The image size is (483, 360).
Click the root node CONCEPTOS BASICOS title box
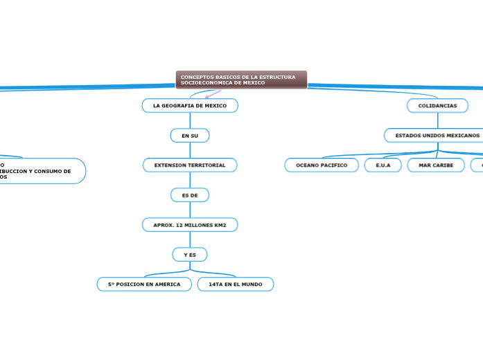click(x=241, y=80)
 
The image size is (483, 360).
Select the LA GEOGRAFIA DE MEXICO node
click(x=190, y=105)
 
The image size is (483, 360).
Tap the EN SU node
click(x=190, y=136)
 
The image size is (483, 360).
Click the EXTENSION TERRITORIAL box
click(x=190, y=165)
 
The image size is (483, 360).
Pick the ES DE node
click(x=190, y=195)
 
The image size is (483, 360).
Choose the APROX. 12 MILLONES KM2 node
click(x=190, y=225)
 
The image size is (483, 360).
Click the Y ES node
click(x=190, y=255)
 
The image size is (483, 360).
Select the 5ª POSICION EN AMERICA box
click(x=144, y=285)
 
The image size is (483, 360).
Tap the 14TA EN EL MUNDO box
click(x=236, y=285)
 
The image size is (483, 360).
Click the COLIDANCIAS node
click(x=437, y=105)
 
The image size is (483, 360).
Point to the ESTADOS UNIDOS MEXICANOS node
click(x=437, y=135)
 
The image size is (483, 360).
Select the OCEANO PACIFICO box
click(x=322, y=165)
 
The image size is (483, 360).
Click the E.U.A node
click(x=383, y=165)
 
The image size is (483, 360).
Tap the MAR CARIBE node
click(x=436, y=165)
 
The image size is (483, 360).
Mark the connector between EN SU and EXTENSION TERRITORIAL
click(x=190, y=150)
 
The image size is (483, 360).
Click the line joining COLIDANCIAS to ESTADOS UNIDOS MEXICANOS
click(x=437, y=120)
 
